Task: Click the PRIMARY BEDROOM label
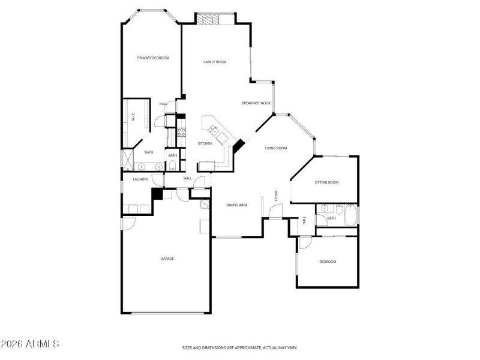click(153, 58)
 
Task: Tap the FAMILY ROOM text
click(214, 62)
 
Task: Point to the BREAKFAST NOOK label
click(256, 103)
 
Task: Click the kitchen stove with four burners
click(181, 132)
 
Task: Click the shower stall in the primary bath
click(127, 160)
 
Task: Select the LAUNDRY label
click(140, 179)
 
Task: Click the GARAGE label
click(167, 259)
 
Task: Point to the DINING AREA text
click(237, 205)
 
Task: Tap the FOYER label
click(277, 196)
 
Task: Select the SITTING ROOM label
click(327, 182)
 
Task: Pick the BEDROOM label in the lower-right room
click(328, 262)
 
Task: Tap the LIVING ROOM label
click(277, 148)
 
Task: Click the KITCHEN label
click(205, 143)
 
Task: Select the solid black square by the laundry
click(157, 194)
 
